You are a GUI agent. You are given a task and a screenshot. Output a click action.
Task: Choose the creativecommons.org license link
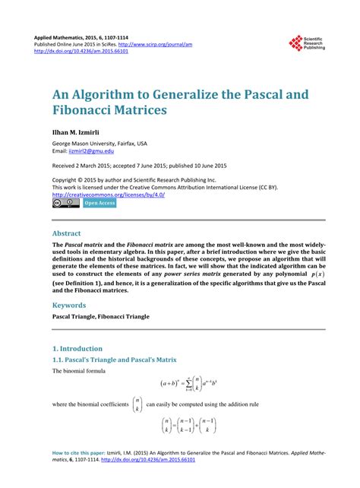109,194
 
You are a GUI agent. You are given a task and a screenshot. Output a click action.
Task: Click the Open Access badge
99,204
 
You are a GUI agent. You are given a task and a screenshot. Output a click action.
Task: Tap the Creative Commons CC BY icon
65,204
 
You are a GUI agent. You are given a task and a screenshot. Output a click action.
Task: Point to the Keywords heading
74,304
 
